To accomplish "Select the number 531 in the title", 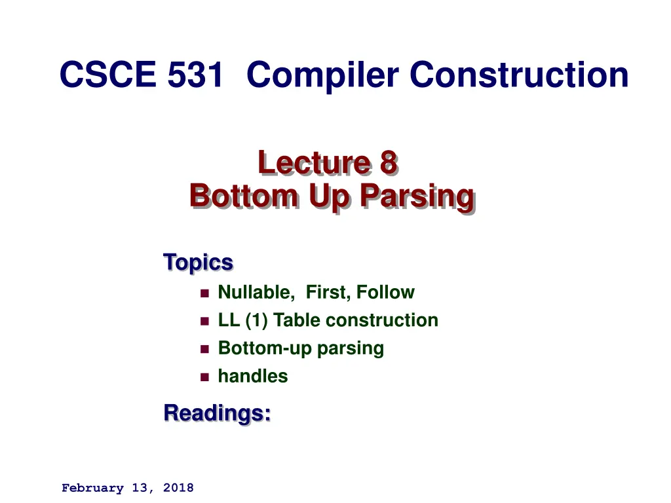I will click(x=195, y=75).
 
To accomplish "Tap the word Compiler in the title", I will click(x=322, y=75).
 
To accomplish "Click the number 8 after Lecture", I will click(x=389, y=162).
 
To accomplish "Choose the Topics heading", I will click(x=198, y=262).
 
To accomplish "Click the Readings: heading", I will click(x=218, y=413).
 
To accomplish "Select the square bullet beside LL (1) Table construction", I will click(x=204, y=321).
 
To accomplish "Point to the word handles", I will click(x=252, y=376).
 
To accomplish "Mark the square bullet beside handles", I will click(x=204, y=377).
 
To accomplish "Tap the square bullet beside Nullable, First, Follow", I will click(x=204, y=293).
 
